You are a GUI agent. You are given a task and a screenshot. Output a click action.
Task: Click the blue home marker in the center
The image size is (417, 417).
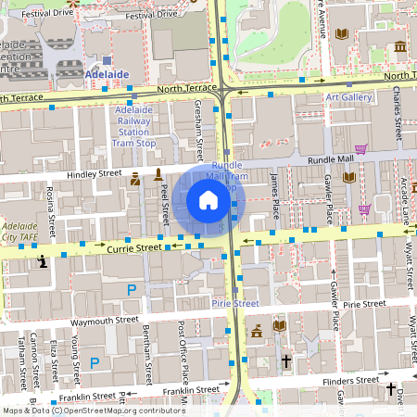point(208,199)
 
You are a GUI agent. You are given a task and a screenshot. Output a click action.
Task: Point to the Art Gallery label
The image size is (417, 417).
point(348,97)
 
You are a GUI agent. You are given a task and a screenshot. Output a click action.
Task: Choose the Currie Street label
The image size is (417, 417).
point(109,247)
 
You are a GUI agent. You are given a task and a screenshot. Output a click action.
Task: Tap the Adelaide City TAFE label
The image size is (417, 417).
point(20,231)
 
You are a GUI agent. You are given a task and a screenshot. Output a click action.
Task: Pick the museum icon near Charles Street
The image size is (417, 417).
point(399,46)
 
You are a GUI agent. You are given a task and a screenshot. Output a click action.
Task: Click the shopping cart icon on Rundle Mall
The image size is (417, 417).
point(360,148)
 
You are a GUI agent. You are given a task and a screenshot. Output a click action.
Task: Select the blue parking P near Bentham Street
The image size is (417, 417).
point(132,290)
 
